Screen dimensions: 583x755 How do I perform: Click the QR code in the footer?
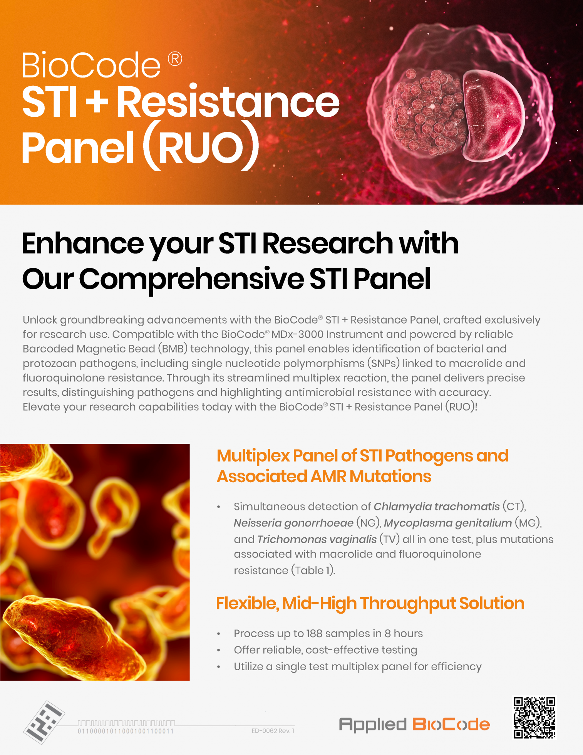pos(534,718)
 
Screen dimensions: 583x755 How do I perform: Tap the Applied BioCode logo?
pos(414,725)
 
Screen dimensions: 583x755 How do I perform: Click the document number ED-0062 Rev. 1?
pos(273,731)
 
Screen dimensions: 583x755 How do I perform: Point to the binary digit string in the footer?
pos(126,731)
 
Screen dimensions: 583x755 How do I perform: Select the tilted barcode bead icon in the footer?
pos(44,722)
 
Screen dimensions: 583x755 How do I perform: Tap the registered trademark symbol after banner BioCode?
pos(175,59)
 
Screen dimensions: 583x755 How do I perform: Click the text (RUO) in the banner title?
pos(201,146)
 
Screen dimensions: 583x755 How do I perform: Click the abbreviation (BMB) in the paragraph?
pos(173,349)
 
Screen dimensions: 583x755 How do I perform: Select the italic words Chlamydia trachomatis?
pos(437,506)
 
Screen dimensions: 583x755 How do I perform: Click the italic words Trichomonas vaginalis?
pos(317,539)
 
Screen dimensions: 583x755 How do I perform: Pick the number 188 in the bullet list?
pos(315,633)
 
